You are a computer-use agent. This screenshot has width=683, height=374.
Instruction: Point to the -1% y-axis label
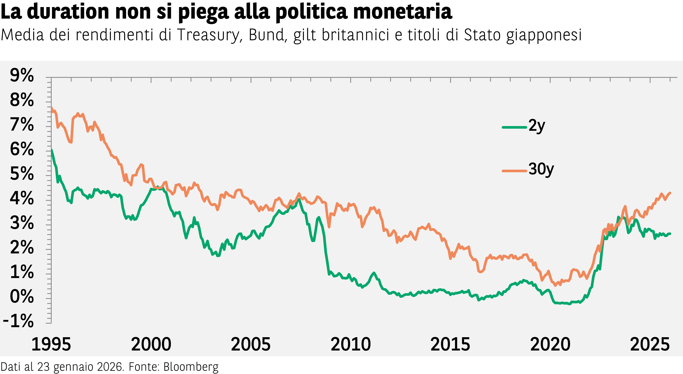tap(18, 321)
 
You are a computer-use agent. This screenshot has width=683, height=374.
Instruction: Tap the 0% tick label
tap(22, 296)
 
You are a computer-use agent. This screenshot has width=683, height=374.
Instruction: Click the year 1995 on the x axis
tap(51, 344)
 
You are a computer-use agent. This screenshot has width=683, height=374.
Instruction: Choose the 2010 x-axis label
tap(351, 344)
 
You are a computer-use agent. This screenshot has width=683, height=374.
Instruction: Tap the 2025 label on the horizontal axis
tap(650, 344)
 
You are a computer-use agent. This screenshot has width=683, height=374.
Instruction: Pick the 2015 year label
tap(450, 344)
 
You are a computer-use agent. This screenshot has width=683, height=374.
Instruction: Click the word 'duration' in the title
tap(68, 12)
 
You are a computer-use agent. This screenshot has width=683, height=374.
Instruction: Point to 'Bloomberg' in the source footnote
tap(191, 367)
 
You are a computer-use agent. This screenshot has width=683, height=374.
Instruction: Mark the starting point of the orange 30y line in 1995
tap(51, 108)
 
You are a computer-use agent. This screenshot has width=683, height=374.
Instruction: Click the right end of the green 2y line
tap(670, 233)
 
